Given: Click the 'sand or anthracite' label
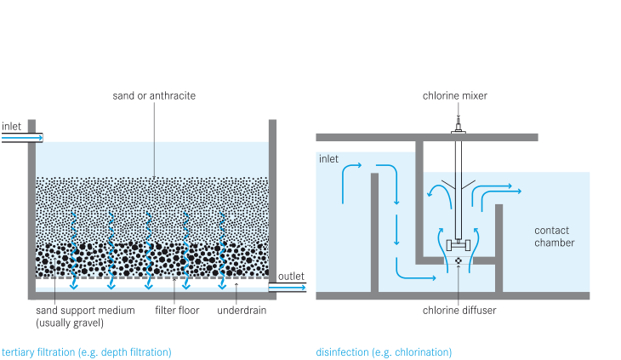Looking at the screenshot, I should pyautogui.click(x=154, y=95).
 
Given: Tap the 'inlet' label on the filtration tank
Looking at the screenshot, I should pyautogui.click(x=12, y=126).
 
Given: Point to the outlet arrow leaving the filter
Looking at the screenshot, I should pyautogui.click(x=288, y=289).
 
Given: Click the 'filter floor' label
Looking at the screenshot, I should pyautogui.click(x=177, y=311).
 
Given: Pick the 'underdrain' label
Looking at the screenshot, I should pyautogui.click(x=241, y=311).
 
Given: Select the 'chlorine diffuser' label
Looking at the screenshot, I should pyautogui.click(x=459, y=311).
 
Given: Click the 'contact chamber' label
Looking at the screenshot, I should pyautogui.click(x=554, y=237).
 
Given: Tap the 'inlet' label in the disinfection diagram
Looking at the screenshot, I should pyautogui.click(x=328, y=158).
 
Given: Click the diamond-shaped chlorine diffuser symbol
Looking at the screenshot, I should pyautogui.click(x=459, y=260).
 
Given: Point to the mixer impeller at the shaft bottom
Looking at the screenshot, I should pyautogui.click(x=459, y=244).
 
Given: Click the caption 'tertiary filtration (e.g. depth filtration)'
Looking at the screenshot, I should pyautogui.click(x=87, y=351).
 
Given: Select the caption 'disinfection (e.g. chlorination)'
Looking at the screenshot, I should pyautogui.click(x=384, y=351).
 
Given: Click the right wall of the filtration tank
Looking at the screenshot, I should pyautogui.click(x=272, y=204).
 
